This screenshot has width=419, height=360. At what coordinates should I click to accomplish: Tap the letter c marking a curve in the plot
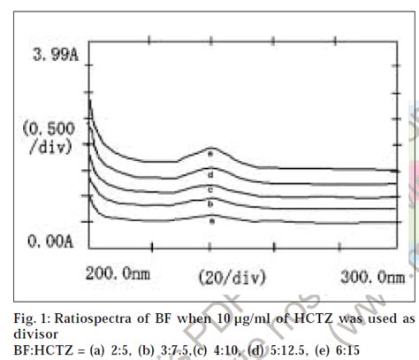point(210,188)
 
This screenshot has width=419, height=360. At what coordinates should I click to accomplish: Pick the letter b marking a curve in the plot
point(210,203)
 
